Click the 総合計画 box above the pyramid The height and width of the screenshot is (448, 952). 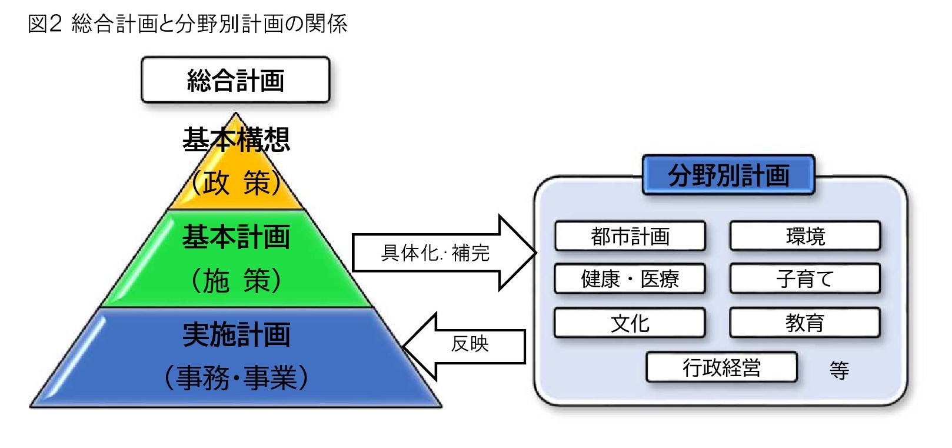tap(236, 80)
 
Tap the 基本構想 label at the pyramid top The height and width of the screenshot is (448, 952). tap(237, 139)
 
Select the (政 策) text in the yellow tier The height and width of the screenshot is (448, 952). tap(237, 182)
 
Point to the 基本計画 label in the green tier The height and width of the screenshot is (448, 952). tap(237, 237)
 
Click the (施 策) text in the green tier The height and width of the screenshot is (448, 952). tap(237, 281)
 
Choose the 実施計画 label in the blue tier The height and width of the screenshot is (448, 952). tap(237, 334)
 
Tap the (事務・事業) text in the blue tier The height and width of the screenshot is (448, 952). tap(237, 378)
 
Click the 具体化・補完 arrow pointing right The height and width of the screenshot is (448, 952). tap(444, 253)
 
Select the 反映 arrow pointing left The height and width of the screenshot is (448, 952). tap(464, 346)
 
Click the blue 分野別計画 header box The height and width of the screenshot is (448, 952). tap(728, 175)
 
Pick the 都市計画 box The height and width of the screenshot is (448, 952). tap(630, 236)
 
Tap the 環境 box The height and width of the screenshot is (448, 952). tap(805, 236)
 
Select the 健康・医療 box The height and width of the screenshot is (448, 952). tap(630, 279)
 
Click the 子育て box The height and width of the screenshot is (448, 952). tap(805, 279)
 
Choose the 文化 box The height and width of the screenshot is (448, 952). tap(630, 323)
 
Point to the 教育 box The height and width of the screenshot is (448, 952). tap(805, 323)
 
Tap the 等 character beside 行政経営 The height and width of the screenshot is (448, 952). tap(840, 370)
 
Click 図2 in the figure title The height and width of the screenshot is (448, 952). tap(45, 24)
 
